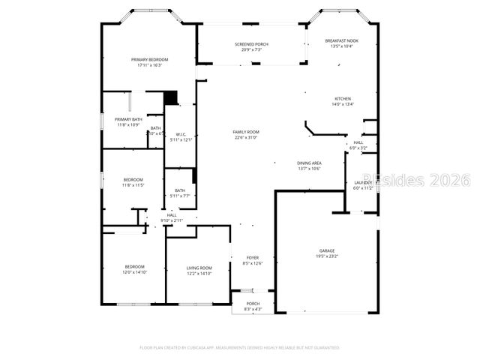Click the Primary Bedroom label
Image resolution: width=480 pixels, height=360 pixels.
(150, 59)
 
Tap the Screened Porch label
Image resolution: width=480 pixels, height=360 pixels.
(251, 44)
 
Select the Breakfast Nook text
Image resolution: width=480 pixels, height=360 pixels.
(341, 40)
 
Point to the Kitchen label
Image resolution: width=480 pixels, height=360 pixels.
(343, 99)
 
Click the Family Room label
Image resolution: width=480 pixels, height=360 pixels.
(246, 132)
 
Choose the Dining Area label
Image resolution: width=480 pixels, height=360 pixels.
(309, 163)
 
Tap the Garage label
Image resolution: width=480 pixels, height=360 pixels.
(327, 250)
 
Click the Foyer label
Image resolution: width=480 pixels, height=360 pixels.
(253, 257)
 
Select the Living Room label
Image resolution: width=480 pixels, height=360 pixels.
(199, 268)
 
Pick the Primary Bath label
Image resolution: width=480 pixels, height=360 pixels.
(128, 119)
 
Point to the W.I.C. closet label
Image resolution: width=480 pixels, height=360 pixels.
(181, 135)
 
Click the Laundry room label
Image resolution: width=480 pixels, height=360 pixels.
(363, 182)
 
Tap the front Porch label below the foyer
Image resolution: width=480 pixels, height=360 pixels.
(253, 304)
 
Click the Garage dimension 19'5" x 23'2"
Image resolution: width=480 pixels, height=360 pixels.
(327, 256)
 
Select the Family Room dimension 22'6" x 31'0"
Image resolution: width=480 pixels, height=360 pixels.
(246, 137)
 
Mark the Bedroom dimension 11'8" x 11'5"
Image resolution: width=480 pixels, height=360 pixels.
(133, 184)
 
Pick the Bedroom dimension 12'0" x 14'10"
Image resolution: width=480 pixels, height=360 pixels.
(135, 273)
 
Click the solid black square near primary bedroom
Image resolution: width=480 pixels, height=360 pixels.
(171, 97)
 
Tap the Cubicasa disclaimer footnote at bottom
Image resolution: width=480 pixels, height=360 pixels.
(240, 347)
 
